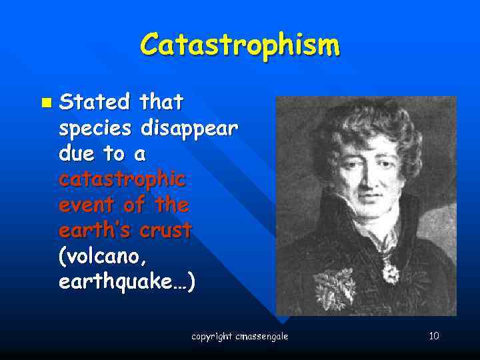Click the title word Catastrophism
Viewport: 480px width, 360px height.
pyautogui.click(x=240, y=45)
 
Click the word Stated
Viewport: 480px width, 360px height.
pyautogui.click(x=95, y=103)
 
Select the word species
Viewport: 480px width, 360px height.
pyautogui.click(x=97, y=129)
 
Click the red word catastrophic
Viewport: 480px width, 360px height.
pyautogui.click(x=122, y=180)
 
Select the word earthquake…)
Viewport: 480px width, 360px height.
pyautogui.click(x=127, y=282)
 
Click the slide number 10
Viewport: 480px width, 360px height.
pyautogui.click(x=433, y=335)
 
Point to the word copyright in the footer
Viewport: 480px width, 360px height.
pyautogui.click(x=212, y=337)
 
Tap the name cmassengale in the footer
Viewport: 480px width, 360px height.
pyautogui.click(x=262, y=337)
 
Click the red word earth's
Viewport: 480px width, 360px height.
pyautogui.click(x=97, y=231)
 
